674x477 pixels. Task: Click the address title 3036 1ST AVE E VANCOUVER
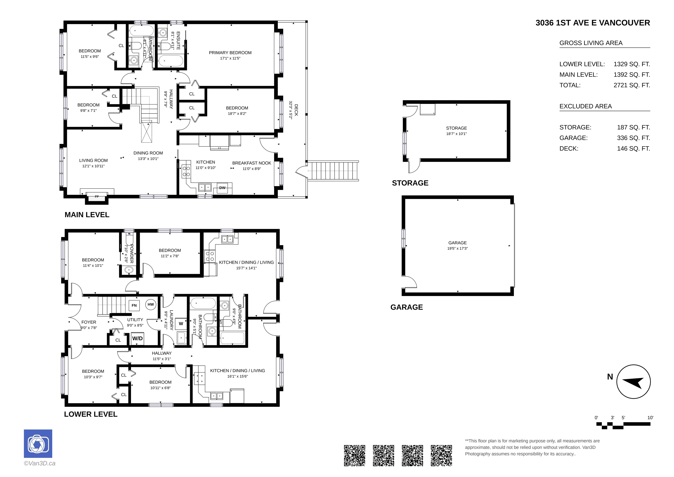(x=592, y=23)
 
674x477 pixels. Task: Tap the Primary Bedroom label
(x=230, y=53)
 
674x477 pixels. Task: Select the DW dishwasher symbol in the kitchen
(x=222, y=188)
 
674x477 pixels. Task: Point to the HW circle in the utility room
(x=151, y=304)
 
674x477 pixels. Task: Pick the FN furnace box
(x=134, y=305)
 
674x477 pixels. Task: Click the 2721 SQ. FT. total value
(x=632, y=85)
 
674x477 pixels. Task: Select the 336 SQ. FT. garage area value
(x=633, y=138)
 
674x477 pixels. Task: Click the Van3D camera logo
(x=38, y=443)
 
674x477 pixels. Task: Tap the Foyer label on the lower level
(x=89, y=322)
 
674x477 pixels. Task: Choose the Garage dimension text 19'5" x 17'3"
(x=457, y=248)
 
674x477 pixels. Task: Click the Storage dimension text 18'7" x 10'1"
(x=457, y=134)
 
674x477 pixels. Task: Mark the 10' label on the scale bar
(x=650, y=418)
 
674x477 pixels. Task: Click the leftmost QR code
(x=355, y=455)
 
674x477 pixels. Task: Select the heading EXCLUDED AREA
(x=586, y=106)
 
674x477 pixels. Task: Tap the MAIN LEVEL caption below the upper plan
(x=87, y=215)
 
